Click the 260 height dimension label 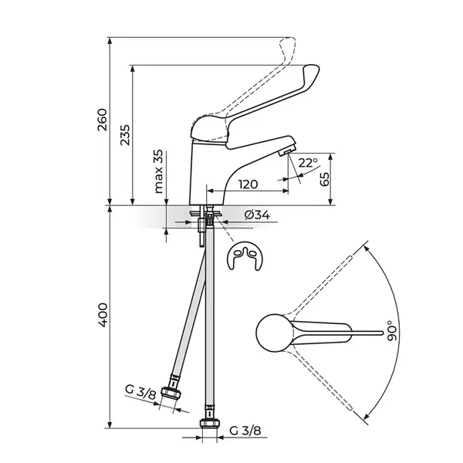click(102, 120)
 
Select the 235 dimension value click(125, 135)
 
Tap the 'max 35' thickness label click(158, 171)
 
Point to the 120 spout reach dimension click(248, 184)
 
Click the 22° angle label click(307, 163)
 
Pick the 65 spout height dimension click(324, 179)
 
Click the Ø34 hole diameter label click(257, 215)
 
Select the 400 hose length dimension click(103, 315)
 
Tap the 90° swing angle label click(393, 331)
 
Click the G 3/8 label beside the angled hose click(140, 392)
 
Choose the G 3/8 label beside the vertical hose click(245, 431)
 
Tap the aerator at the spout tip click(286, 151)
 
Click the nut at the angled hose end click(171, 393)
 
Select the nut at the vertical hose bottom click(210, 424)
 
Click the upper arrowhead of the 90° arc click(367, 249)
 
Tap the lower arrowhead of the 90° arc click(367, 416)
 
